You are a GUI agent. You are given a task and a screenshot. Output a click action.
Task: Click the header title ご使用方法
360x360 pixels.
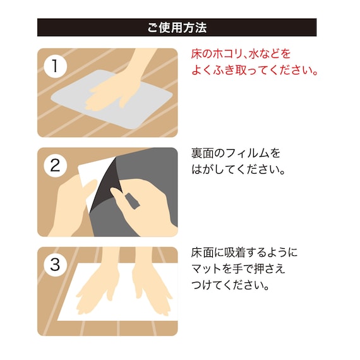click(177, 28)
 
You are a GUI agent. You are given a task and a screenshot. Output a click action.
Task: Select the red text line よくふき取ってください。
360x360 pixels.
click(254, 70)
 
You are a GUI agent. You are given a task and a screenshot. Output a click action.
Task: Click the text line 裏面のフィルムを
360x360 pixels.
click(235, 153)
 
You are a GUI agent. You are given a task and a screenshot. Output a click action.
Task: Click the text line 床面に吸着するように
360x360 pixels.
click(244, 253)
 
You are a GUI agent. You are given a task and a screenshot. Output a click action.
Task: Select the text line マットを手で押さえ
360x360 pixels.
click(237, 269)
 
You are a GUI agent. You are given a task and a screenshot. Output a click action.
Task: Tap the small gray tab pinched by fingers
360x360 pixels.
click(133, 201)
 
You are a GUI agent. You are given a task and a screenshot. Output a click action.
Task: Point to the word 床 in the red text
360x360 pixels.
click(197, 54)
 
